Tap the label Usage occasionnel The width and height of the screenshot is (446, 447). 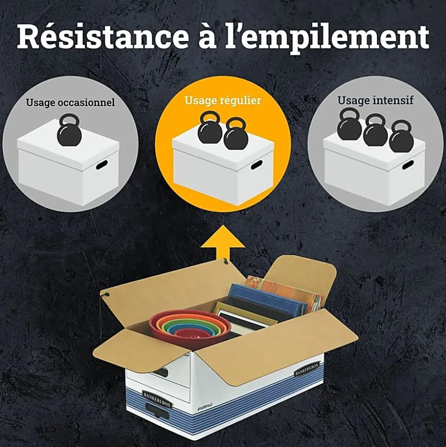pos(70,102)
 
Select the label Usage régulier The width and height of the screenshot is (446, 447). pos(223,101)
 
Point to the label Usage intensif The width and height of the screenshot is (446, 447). pos(375,100)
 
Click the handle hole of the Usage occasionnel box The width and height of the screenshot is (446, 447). pos(102,165)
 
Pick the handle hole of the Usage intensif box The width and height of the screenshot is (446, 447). pos(407,165)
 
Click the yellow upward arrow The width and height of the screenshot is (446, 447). pos(223,246)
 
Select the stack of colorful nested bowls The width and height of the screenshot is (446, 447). pos(190,325)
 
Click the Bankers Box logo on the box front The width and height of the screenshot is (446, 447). pos(157,399)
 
